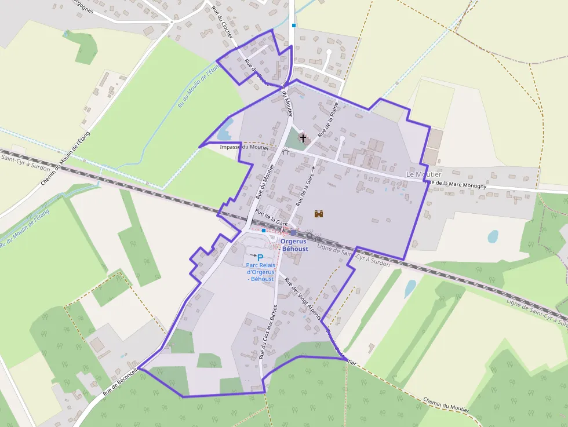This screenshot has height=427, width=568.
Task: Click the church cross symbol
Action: [303, 138]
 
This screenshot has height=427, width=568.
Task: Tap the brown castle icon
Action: [318, 214]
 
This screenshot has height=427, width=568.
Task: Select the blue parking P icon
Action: [260, 257]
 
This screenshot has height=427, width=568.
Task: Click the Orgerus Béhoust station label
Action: [294, 244]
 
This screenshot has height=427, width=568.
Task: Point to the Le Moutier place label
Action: [424, 174]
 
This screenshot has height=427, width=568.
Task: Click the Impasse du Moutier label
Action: [245, 147]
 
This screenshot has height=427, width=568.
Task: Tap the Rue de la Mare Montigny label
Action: [456, 185]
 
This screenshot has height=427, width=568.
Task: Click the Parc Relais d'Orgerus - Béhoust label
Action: [260, 272]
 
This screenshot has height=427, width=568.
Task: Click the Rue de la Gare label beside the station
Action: [271, 220]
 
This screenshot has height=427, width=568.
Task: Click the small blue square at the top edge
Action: [294, 25]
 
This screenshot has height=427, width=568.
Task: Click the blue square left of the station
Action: [264, 231]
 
